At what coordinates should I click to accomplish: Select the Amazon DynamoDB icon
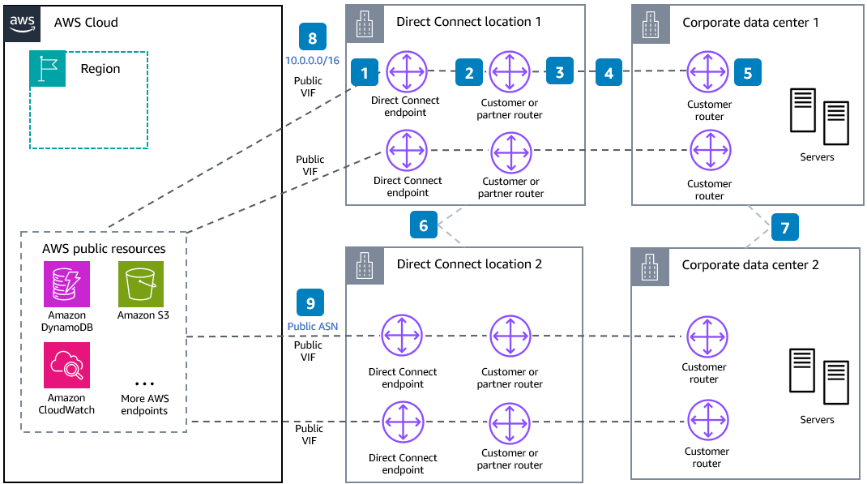67,284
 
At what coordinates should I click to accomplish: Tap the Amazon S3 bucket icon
140,284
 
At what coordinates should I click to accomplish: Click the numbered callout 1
365,73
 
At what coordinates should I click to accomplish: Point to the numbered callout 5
747,72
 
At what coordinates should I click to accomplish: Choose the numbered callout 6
424,226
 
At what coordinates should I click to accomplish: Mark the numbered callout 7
784,227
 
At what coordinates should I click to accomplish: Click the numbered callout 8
313,38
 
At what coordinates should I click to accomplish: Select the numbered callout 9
311,302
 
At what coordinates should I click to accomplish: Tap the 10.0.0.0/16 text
313,62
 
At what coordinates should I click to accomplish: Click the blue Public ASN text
312,326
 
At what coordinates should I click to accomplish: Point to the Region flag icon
47,69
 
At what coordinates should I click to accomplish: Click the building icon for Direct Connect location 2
362,264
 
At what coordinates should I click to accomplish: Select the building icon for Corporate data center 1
648,23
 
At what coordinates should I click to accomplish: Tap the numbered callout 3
559,72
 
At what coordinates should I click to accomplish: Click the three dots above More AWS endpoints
144,383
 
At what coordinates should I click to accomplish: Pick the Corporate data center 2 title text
750,265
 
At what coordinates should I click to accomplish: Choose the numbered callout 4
609,72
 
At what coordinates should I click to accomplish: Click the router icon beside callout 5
709,71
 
